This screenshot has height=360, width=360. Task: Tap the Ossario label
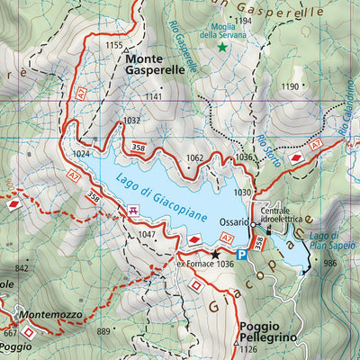232,221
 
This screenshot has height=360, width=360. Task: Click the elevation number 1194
242,20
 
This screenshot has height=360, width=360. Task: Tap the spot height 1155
113,45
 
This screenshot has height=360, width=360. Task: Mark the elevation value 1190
289,86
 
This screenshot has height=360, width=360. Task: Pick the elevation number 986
329,263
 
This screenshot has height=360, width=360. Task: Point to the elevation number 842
22,268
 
